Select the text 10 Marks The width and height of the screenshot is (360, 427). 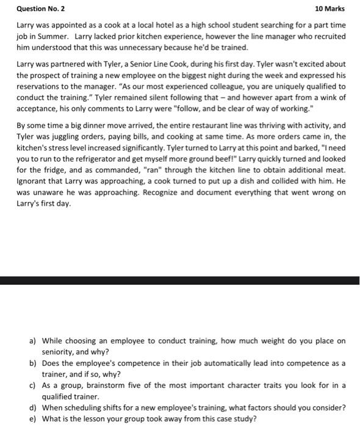tap(329, 9)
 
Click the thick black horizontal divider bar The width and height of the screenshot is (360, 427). tap(180, 281)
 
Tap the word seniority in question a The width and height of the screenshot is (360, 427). tap(59, 352)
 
